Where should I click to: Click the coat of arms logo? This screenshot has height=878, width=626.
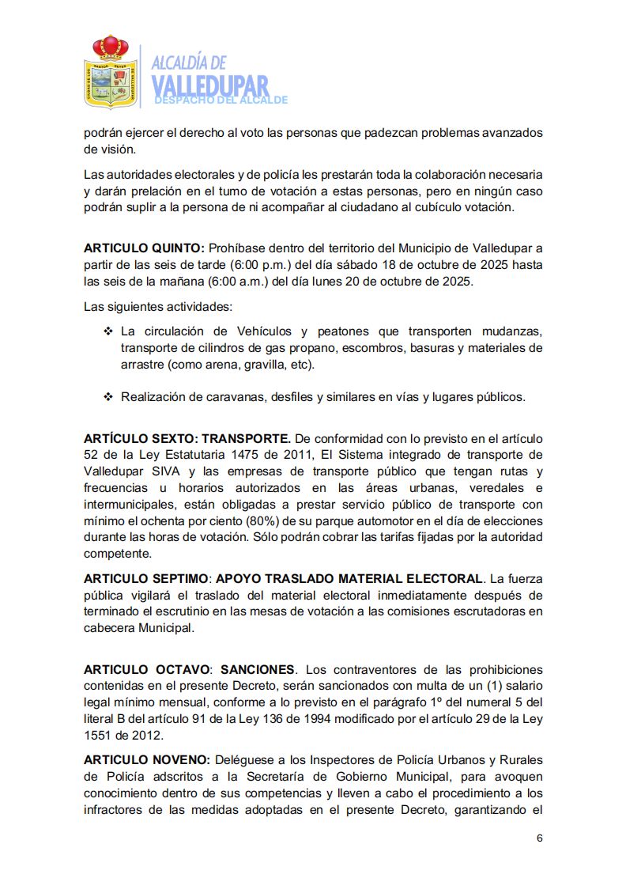coord(110,72)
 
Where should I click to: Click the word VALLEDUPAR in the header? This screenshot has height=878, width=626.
coord(209,85)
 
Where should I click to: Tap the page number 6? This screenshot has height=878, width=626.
coord(539,839)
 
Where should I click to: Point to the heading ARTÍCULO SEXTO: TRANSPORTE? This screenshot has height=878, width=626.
coord(188,437)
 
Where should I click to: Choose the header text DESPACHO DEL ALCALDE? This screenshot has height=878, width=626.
coord(221,100)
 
